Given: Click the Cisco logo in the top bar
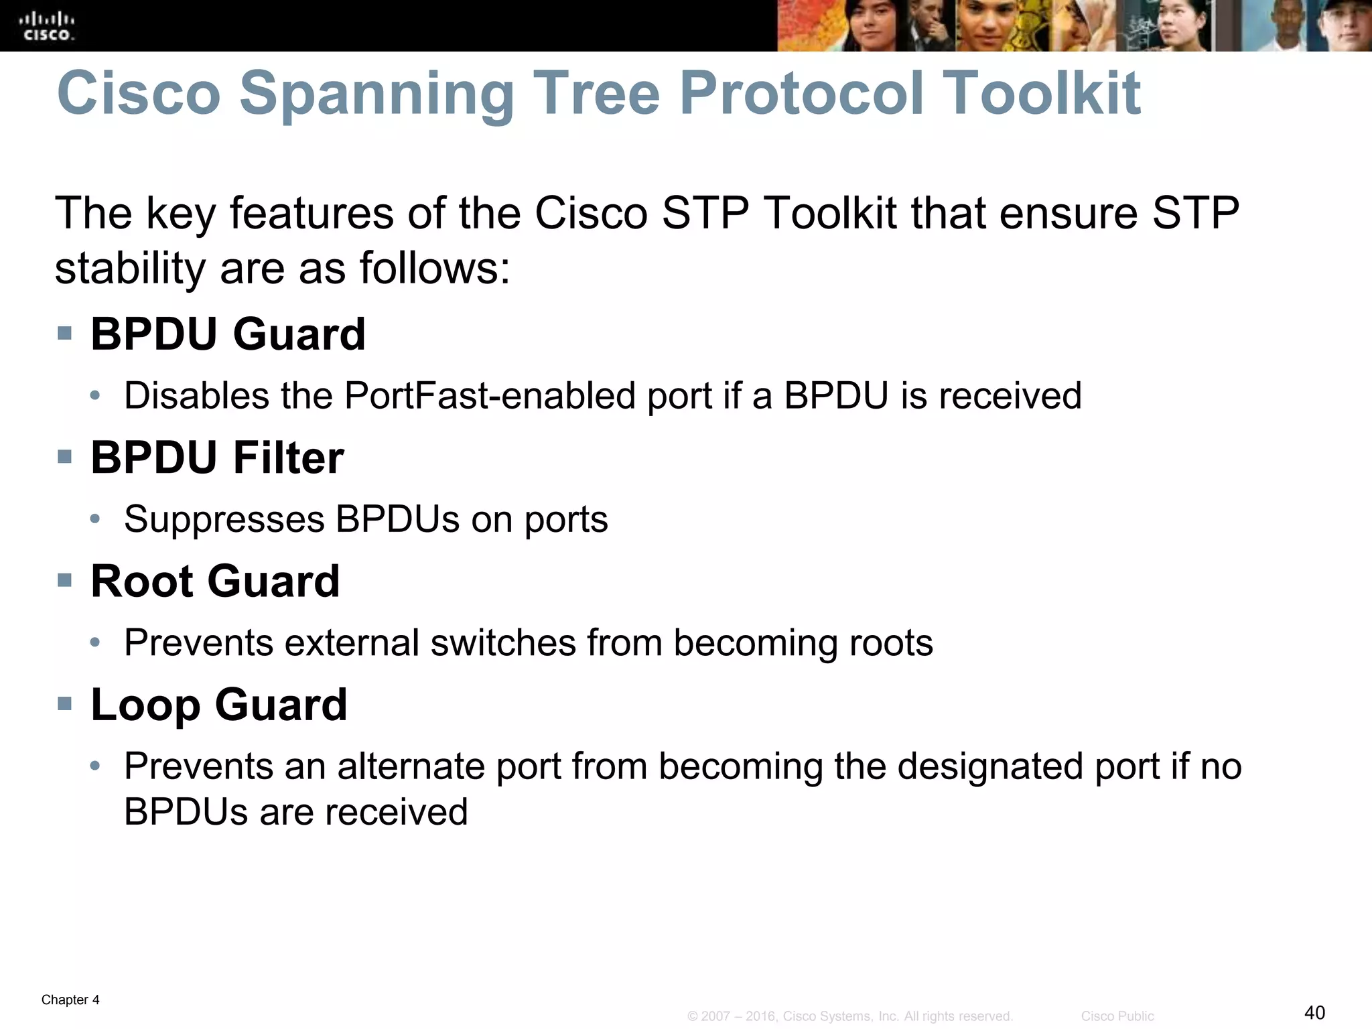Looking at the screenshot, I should [x=47, y=25].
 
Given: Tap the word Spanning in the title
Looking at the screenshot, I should [x=376, y=93].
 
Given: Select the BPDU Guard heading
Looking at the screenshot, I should [x=228, y=334].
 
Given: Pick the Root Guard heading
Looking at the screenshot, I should [x=215, y=581].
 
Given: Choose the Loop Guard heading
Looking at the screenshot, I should [x=219, y=705].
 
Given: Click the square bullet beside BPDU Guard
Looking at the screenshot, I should [x=65, y=333].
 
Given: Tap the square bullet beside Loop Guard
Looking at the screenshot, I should [x=65, y=703].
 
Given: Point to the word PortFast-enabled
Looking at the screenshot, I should [x=490, y=395].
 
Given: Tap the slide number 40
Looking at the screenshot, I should [x=1314, y=1012].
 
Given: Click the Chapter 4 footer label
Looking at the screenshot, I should [x=70, y=1000].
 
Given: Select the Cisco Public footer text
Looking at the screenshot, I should [x=1117, y=1016].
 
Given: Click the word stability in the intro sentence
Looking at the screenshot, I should [x=131, y=268].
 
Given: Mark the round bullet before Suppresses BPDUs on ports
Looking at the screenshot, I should [x=96, y=519].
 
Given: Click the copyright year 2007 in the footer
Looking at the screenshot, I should [x=715, y=1016].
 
